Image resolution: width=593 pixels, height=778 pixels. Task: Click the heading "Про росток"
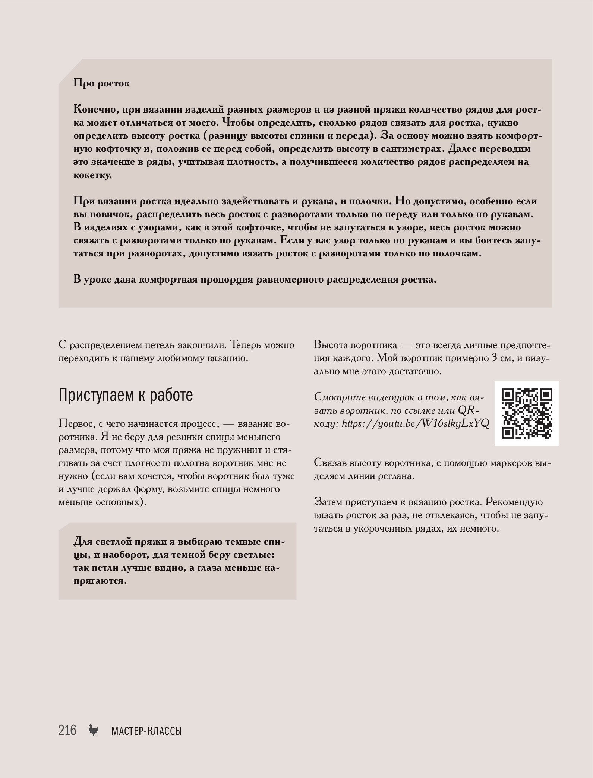coord(102,83)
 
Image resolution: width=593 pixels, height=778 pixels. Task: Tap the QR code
coord(526,413)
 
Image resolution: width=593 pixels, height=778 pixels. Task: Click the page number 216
coord(67,730)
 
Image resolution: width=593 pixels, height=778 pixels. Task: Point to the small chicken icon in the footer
coord(94,730)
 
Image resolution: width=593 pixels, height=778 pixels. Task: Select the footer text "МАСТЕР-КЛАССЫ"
coord(146,731)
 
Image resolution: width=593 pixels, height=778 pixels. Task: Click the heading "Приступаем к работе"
coord(126,396)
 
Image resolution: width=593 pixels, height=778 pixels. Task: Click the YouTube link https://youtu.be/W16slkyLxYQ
coord(415,423)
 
